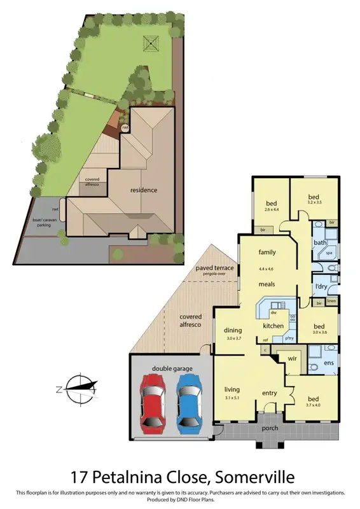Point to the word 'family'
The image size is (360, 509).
point(267,253)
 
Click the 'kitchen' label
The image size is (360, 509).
point(273,326)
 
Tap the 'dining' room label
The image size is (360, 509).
point(234,330)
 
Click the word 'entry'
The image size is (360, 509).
point(270,393)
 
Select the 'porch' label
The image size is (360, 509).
point(270,428)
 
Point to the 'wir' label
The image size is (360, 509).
point(293,359)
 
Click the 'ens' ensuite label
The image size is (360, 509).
point(329,363)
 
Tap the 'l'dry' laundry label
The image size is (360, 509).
point(321,287)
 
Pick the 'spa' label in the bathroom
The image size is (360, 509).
point(329,253)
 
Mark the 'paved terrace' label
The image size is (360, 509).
point(215,268)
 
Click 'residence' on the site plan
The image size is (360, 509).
point(144,190)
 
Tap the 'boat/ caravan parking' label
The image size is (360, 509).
point(44,225)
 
